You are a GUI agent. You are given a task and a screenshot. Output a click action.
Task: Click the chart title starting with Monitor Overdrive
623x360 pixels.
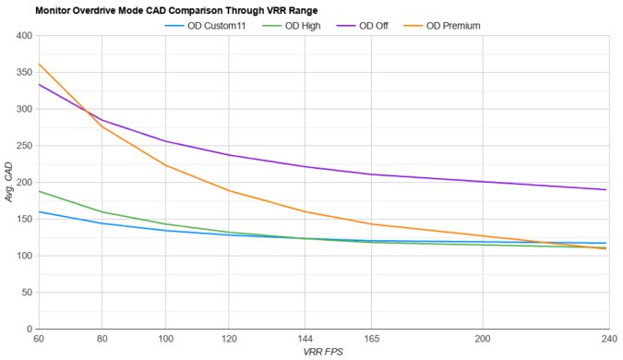(x=171, y=10)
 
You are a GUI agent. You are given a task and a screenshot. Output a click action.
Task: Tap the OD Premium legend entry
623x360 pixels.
(x=452, y=25)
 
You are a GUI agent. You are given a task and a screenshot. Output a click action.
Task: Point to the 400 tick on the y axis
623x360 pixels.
(x=22, y=36)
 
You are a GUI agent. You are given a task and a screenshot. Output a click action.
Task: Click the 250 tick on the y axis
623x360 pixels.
(x=22, y=146)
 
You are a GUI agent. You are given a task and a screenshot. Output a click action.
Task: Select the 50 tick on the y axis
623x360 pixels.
(x=25, y=293)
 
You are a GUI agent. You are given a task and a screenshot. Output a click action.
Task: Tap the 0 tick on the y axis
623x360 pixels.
(x=28, y=329)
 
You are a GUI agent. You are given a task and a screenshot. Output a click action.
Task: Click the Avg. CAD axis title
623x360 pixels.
(x=7, y=183)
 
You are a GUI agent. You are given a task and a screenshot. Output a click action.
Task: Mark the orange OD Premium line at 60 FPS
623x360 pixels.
(x=38, y=65)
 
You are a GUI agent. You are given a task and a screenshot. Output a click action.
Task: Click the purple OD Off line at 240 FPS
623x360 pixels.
(x=605, y=189)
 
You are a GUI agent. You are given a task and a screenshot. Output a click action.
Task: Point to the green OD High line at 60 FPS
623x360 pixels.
(x=38, y=191)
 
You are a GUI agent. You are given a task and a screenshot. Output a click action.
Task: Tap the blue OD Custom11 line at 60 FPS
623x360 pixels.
(x=38, y=211)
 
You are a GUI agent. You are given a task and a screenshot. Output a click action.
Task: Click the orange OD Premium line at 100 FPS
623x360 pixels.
(x=164, y=165)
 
